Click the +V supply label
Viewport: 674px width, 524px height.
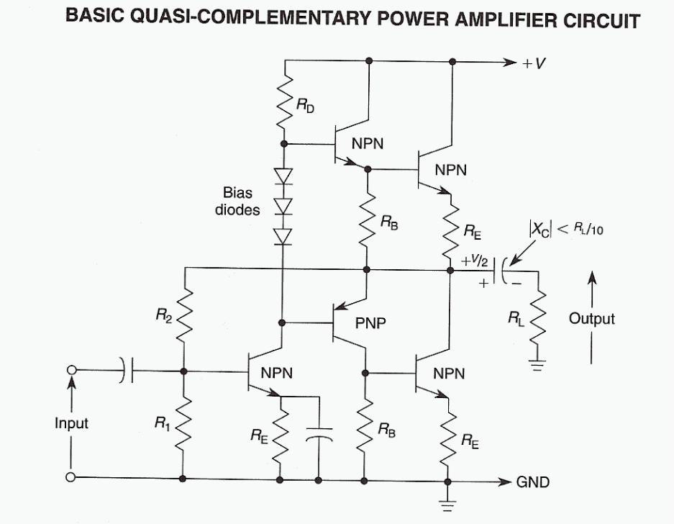coord(534,63)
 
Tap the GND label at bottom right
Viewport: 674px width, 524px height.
coord(533,482)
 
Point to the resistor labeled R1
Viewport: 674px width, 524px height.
coord(184,425)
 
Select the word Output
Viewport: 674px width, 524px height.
coord(592,318)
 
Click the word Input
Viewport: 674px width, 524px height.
coord(71,423)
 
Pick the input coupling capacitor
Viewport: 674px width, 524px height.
coord(127,371)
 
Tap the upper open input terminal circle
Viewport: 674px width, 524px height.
coord(71,370)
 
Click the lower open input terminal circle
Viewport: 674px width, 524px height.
coord(71,477)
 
